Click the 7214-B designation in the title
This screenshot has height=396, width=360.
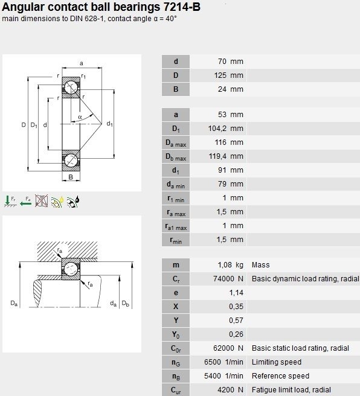click(182, 7)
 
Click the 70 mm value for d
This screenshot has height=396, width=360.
click(231, 62)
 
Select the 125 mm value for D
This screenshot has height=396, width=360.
click(229, 75)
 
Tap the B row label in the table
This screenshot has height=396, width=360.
click(176, 89)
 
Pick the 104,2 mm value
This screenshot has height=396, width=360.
click(225, 129)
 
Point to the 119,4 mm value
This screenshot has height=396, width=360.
click(226, 156)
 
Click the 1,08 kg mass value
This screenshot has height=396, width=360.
click(230, 264)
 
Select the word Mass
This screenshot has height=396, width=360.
click(261, 264)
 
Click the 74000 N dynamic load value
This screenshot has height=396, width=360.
click(228, 278)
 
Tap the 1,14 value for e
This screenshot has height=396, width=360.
click(236, 292)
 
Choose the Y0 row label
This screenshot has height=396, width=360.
click(176, 334)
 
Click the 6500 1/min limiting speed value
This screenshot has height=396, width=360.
click(224, 362)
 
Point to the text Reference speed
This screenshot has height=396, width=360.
click(280, 376)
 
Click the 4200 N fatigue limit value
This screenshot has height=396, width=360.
click(230, 390)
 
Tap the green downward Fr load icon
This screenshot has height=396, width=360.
click(10, 201)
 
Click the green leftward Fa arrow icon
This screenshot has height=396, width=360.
click(25, 201)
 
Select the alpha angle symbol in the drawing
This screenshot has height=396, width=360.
click(80, 117)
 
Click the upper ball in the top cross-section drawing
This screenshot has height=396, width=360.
click(71, 88)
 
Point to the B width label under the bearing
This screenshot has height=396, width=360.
click(71, 177)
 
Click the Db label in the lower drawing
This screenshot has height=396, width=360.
click(126, 303)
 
